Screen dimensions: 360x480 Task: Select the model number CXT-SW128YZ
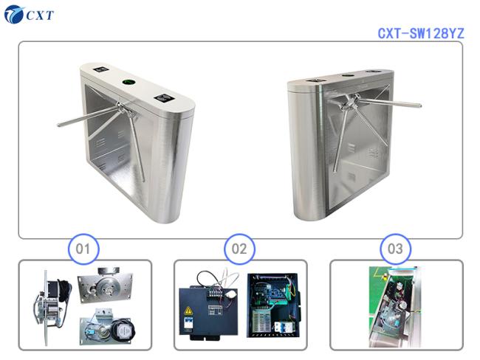[420, 33]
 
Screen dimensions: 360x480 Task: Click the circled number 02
[239, 249]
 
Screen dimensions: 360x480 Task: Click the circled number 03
[395, 249]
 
